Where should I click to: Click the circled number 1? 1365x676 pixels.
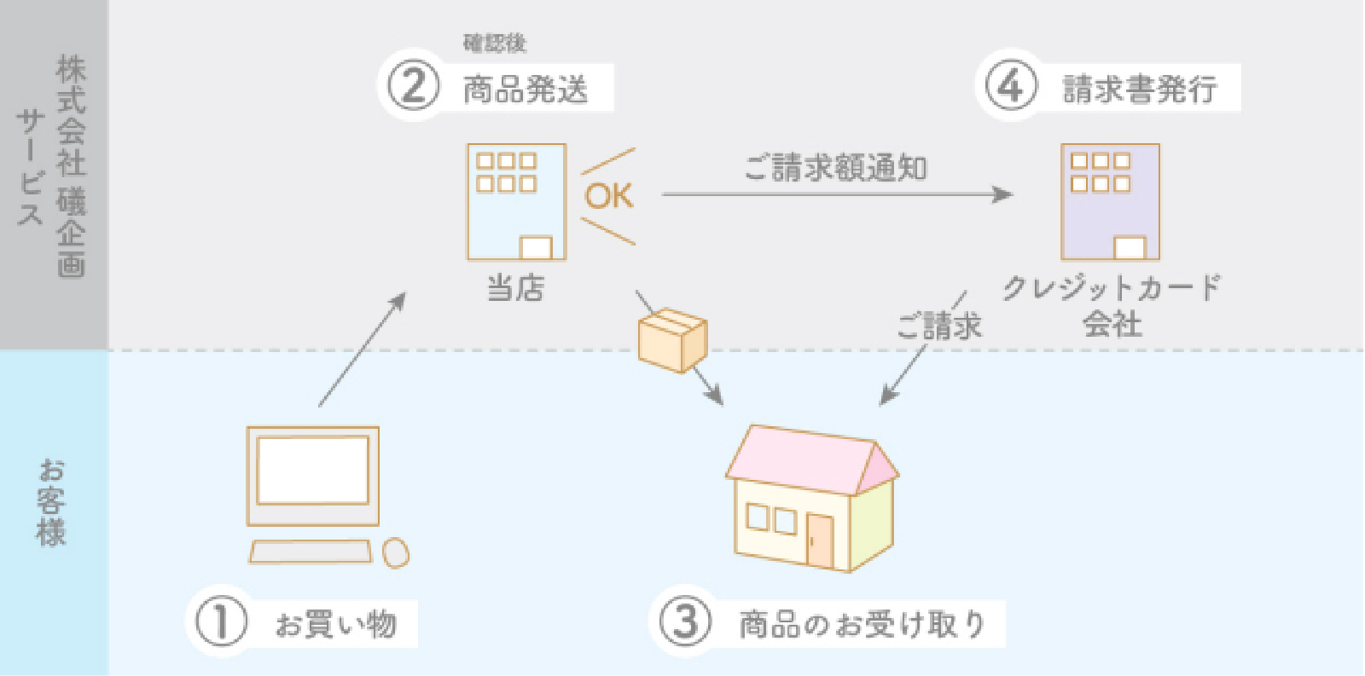[221, 621]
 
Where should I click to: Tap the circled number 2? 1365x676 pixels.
[413, 86]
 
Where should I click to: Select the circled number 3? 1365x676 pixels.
[685, 621]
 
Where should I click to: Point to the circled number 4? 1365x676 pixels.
[1010, 86]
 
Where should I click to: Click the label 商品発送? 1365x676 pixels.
[526, 89]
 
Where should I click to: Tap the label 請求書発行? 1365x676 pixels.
[1139, 89]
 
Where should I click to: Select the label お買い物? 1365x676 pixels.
[335, 624]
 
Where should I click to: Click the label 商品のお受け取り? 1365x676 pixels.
[862, 624]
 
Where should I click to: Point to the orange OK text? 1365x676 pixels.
[608, 196]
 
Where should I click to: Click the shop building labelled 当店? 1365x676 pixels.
[516, 201]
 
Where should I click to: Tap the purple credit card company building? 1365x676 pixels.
[1110, 201]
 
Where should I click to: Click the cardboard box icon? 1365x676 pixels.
[672, 340]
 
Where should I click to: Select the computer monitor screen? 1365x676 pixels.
[313, 471]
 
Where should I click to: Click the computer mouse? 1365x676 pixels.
[395, 552]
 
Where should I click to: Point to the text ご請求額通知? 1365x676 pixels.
[835, 168]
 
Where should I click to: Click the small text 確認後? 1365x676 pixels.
[495, 43]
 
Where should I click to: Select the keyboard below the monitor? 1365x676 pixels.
[311, 552]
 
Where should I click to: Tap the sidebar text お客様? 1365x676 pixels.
[52, 502]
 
